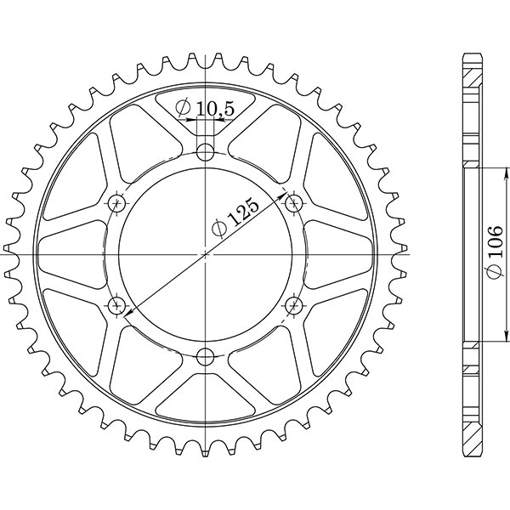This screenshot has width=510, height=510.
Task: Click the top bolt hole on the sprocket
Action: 205,152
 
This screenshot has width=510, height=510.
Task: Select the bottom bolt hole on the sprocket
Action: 205,356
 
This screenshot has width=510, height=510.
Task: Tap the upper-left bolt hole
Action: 116,203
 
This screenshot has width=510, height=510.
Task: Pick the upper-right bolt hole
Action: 294,202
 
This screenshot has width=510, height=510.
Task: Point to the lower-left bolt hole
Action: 116,304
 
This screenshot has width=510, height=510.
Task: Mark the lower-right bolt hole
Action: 294,304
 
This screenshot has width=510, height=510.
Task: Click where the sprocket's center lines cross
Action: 206,253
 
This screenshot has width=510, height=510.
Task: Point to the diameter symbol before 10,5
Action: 182,108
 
